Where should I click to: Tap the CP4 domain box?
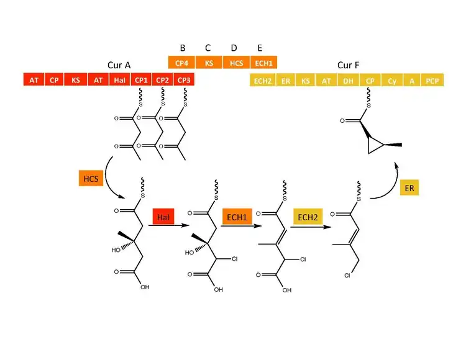[x=182, y=62]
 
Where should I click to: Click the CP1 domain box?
[x=141, y=80]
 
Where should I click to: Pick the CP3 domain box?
[x=184, y=80]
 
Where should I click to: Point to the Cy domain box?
[x=392, y=80]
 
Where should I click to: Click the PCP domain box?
[x=431, y=80]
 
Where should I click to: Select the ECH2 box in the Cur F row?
[x=262, y=80]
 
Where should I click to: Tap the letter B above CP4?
[x=183, y=48]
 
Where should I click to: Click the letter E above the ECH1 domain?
[x=260, y=48]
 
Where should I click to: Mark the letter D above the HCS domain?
[x=234, y=48]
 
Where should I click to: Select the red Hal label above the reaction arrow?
[x=163, y=217]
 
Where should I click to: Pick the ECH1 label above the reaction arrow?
[x=235, y=217]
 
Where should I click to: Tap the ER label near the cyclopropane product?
[x=409, y=187]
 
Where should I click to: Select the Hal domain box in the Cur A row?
[x=119, y=80]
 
